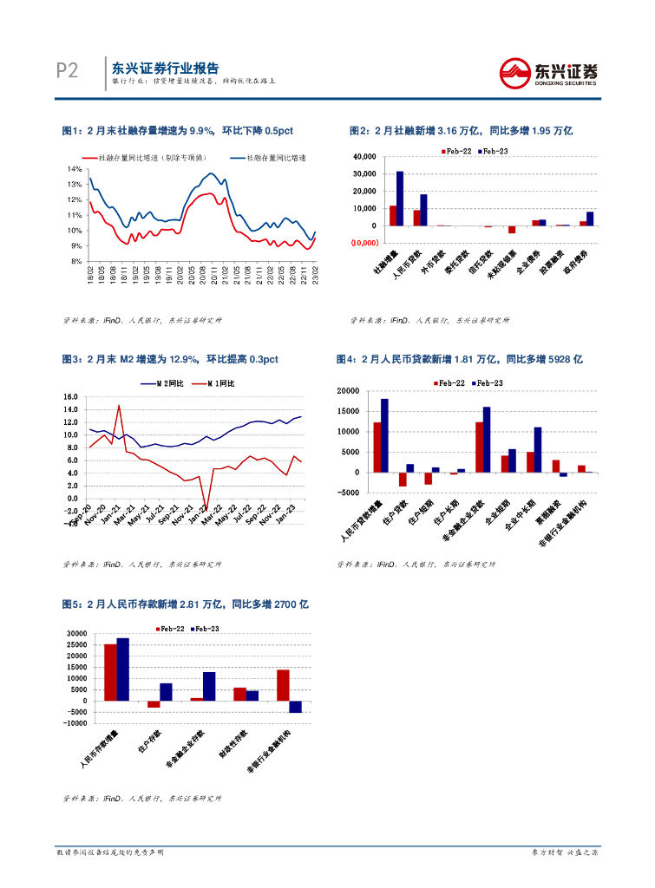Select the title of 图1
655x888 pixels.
[x=178, y=130]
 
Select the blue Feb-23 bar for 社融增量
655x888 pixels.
[x=400, y=199]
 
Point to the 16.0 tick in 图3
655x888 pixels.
[x=71, y=397]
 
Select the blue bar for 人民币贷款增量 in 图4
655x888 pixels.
[x=384, y=435]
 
